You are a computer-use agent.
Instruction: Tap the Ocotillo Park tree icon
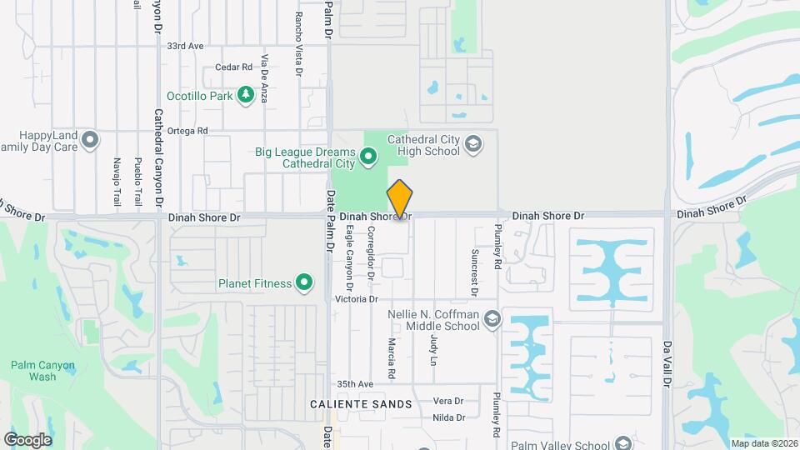tap(245, 96)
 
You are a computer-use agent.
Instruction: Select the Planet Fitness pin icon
tap(305, 283)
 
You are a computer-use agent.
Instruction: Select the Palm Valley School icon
tap(622, 443)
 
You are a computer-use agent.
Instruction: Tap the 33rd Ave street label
tap(185, 47)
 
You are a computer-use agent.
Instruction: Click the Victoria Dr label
tap(356, 299)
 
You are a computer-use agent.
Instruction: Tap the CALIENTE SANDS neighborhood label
tap(361, 404)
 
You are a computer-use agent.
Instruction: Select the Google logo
tap(27, 440)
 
